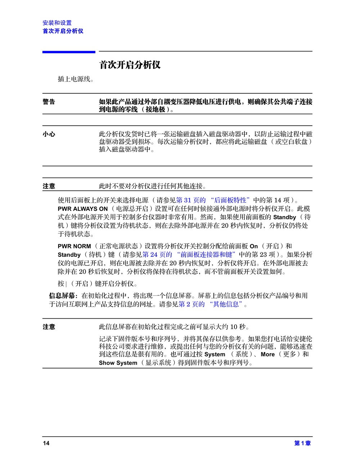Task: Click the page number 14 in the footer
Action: click(x=46, y=443)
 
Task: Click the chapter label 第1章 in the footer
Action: click(x=302, y=443)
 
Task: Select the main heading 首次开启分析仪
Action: click(x=130, y=65)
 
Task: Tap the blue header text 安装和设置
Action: click(x=57, y=23)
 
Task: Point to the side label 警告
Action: click(x=49, y=102)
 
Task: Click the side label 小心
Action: click(x=49, y=134)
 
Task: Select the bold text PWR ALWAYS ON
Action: click(x=83, y=209)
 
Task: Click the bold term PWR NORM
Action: click(x=75, y=246)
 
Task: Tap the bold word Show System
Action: click(x=118, y=363)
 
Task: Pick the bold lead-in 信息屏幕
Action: click(x=63, y=296)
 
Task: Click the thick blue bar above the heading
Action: click(x=69, y=52)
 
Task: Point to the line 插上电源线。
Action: click(x=76, y=79)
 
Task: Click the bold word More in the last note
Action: click(x=267, y=354)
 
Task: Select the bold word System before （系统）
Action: click(x=215, y=354)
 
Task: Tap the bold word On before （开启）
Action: click(x=254, y=246)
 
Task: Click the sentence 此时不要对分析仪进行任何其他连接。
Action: click(x=153, y=186)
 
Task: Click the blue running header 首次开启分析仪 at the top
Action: click(x=63, y=31)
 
